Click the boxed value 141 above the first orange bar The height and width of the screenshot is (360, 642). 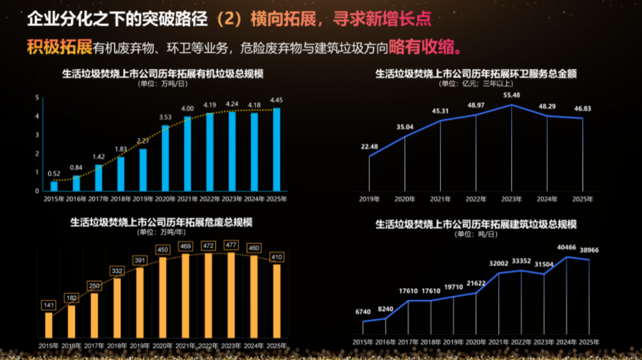(x=49, y=305)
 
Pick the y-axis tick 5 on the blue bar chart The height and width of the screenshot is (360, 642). (x=37, y=98)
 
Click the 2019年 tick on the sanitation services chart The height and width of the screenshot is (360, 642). (x=369, y=199)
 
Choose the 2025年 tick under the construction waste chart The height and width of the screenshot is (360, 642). (x=588, y=342)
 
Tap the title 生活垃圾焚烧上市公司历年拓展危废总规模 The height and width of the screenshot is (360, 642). (x=162, y=222)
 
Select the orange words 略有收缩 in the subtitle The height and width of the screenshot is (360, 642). (x=426, y=47)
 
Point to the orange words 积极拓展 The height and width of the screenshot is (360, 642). (x=59, y=47)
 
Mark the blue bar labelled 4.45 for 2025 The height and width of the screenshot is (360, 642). (x=276, y=150)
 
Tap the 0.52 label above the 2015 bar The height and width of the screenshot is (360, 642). (x=54, y=173)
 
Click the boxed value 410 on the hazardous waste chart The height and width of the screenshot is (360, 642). (x=276, y=257)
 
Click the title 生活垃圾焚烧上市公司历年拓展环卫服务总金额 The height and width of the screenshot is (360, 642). (x=476, y=74)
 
